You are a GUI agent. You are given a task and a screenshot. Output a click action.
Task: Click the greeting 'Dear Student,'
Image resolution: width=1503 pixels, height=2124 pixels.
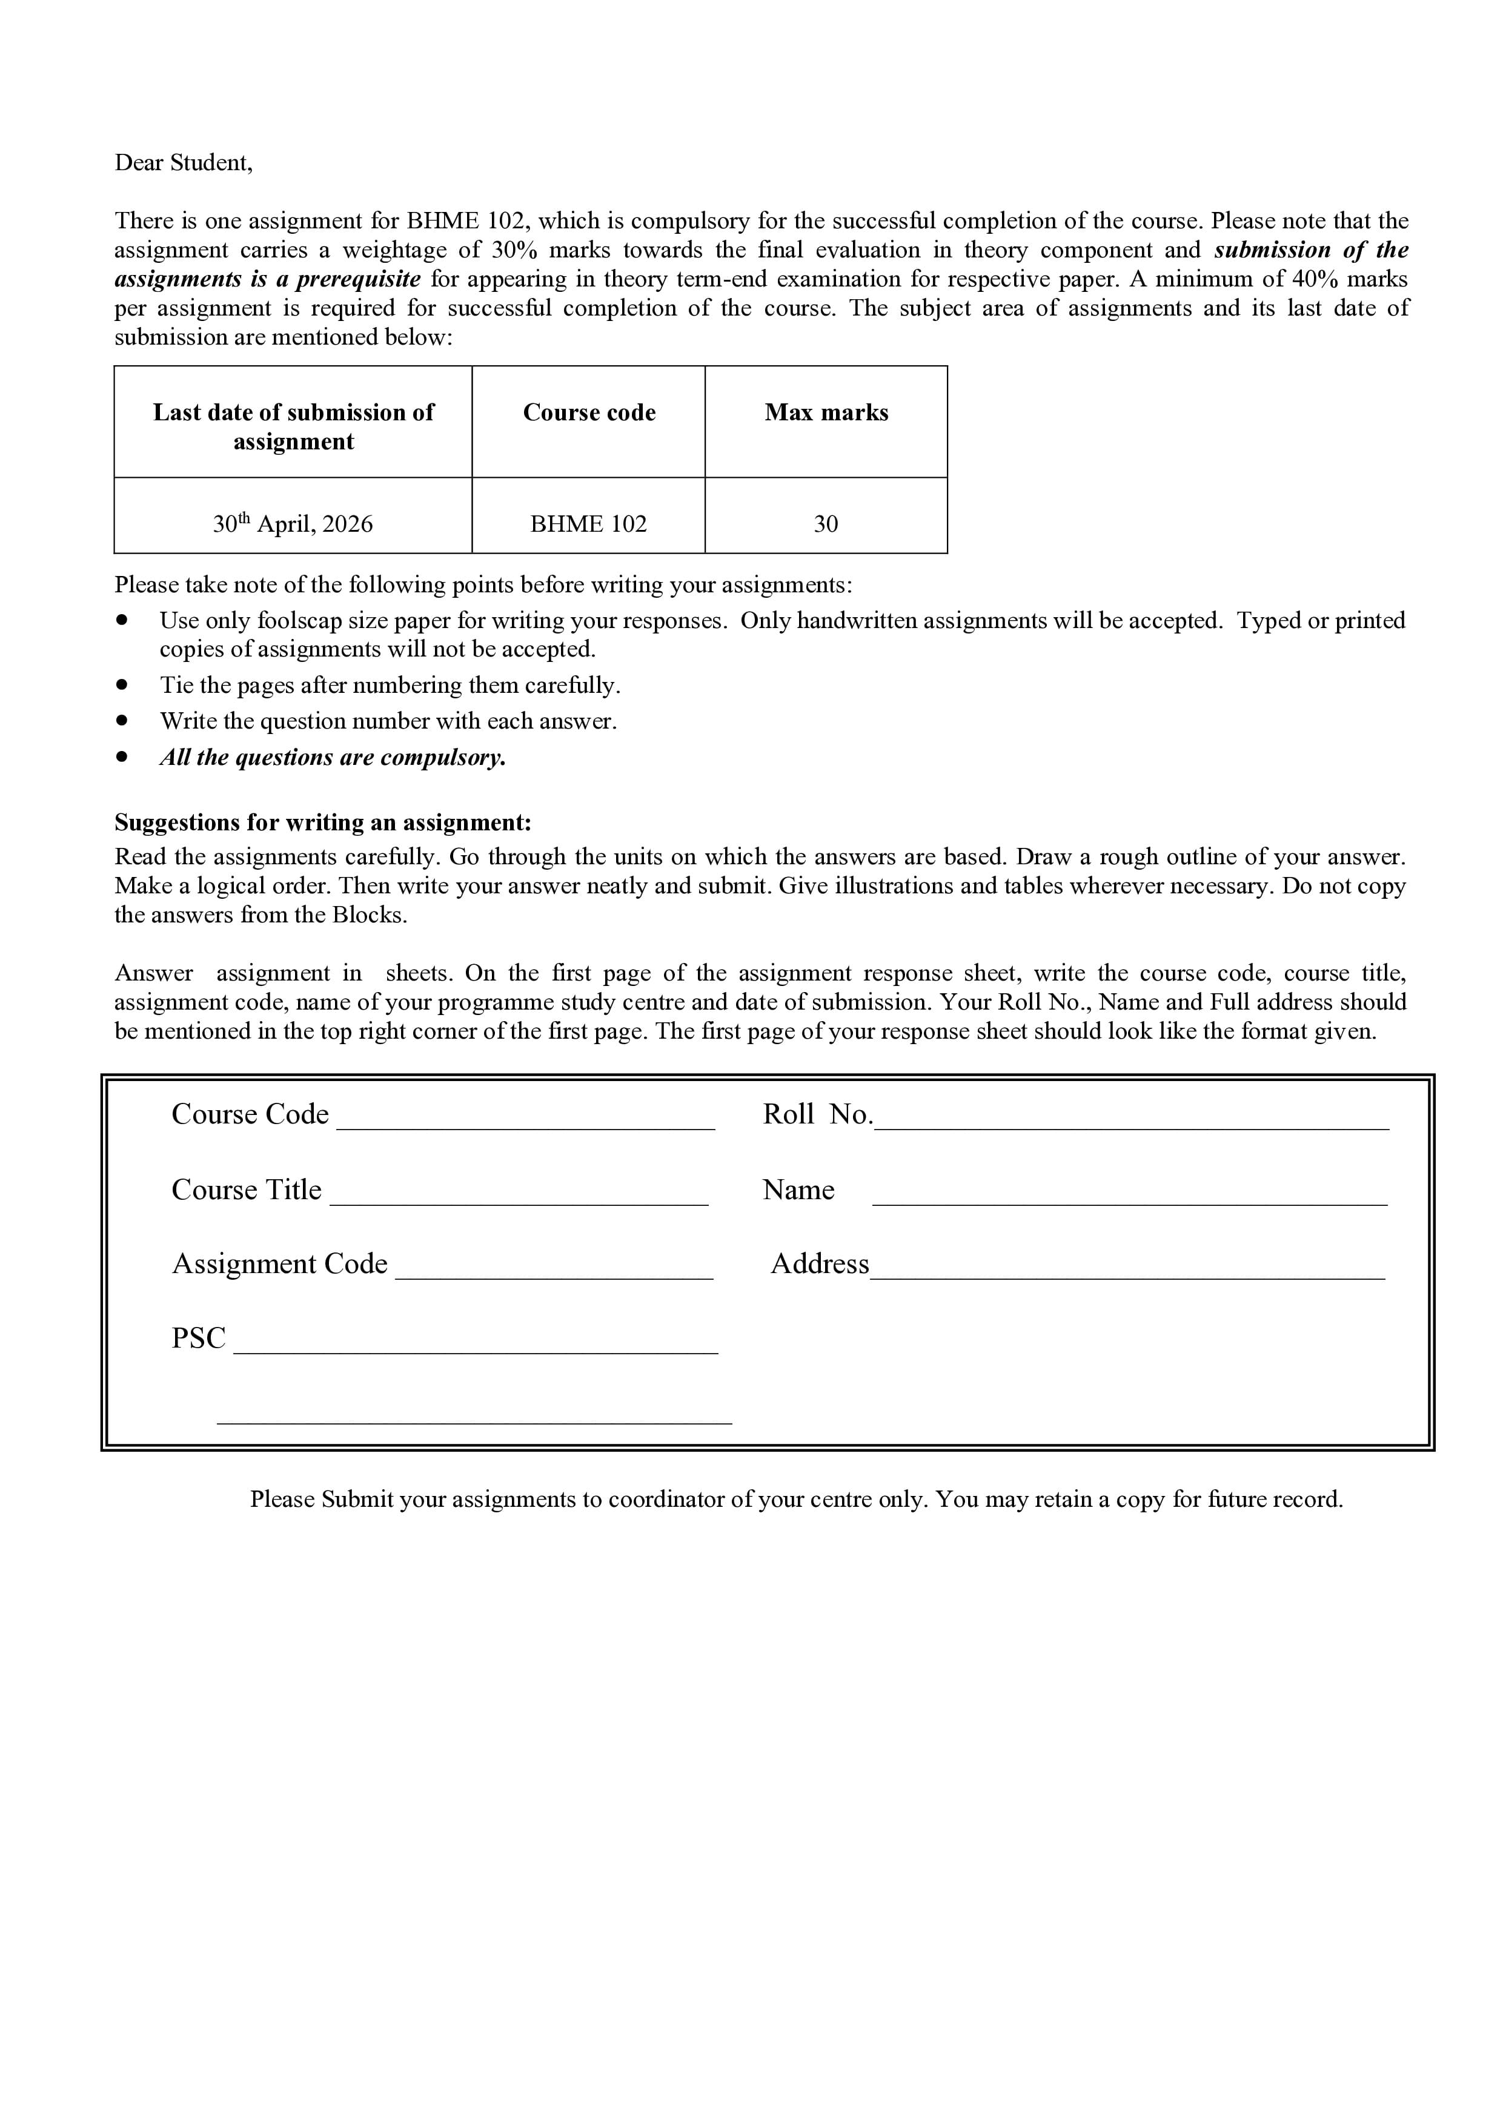pos(183,163)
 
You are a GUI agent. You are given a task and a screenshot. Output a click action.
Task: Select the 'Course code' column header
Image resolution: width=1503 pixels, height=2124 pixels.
pos(589,412)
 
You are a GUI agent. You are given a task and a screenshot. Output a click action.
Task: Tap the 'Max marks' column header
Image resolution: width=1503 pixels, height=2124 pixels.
pos(826,412)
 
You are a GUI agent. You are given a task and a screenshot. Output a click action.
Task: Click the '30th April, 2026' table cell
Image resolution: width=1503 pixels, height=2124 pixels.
pos(293,524)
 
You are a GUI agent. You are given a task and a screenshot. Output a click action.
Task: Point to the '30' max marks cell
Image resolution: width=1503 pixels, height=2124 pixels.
pos(826,524)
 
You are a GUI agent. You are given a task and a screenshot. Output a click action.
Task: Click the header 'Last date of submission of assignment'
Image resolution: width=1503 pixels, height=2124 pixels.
pos(293,426)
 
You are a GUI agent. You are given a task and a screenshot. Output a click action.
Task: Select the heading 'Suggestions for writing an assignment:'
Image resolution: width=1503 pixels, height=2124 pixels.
pos(323,822)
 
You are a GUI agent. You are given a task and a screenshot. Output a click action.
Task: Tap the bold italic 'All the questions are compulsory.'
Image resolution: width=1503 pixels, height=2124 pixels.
pos(333,758)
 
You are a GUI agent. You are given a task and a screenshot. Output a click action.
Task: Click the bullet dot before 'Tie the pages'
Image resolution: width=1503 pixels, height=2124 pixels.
pos(121,686)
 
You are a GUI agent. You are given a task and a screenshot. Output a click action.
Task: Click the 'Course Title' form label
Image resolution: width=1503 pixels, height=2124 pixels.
pos(246,1189)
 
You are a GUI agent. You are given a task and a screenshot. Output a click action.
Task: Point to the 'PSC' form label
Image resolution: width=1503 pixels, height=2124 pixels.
pos(198,1338)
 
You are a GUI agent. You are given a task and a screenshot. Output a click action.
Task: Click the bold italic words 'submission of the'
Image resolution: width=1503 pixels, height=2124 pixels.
pos(1312,250)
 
